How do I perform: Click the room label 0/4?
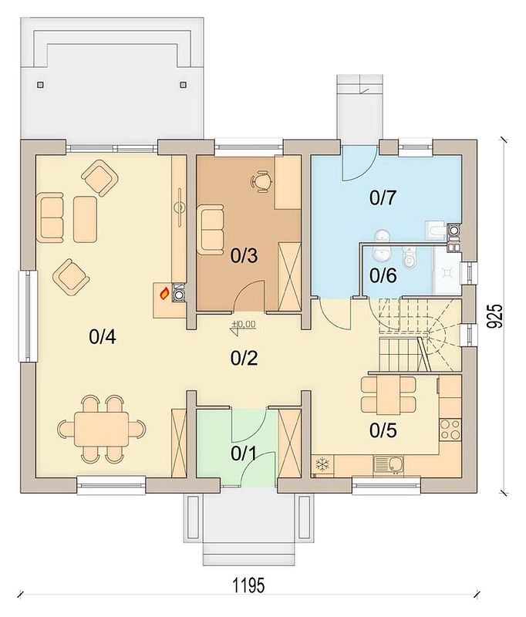(x=103, y=337)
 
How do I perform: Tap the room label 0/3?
(x=244, y=256)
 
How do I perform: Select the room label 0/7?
(x=383, y=197)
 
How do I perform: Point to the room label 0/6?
(x=383, y=276)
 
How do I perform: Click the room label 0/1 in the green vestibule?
(x=244, y=453)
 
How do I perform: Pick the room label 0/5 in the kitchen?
(x=383, y=431)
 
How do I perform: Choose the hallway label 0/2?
(x=244, y=358)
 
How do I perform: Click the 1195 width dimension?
(x=248, y=585)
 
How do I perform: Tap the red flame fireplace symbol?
(x=164, y=294)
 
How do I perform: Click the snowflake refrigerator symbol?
(x=322, y=464)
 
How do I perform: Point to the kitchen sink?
(x=388, y=464)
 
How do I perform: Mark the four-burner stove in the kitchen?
(x=450, y=430)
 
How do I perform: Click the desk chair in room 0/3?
(x=261, y=181)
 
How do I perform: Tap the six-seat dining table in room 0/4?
(x=102, y=429)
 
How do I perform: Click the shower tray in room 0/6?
(x=447, y=271)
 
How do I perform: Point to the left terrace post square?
(x=42, y=84)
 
